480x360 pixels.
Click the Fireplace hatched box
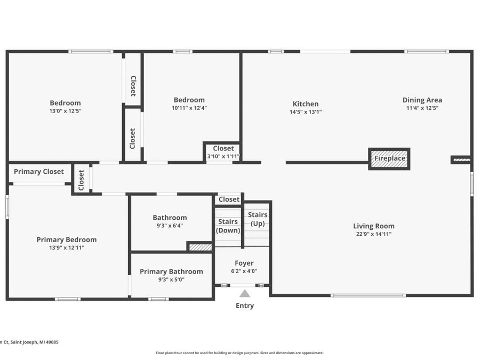389,158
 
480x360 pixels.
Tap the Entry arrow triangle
244,293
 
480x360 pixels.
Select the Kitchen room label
306,104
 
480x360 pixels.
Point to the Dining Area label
422,100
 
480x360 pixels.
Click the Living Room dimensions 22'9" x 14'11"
373,234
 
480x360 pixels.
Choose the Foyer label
244,263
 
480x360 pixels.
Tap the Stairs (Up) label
258,219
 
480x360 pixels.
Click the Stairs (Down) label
228,226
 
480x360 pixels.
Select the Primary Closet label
39,172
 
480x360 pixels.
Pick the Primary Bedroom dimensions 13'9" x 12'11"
67,247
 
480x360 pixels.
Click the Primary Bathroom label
171,271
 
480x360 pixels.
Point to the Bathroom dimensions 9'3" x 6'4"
170,226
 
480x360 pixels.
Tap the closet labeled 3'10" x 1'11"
223,156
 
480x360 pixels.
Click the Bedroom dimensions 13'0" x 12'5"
65,111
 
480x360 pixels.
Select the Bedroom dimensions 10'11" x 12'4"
189,108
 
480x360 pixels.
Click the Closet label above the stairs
229,199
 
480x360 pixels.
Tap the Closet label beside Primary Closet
82,180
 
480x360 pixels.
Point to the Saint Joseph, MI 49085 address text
29,342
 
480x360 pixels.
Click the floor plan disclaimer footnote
239,353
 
